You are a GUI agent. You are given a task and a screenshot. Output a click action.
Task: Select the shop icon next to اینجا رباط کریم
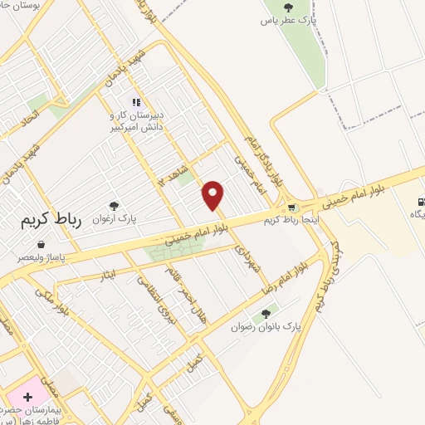coord(291,208)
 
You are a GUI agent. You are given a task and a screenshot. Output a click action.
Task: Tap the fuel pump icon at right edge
coord(422,200)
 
